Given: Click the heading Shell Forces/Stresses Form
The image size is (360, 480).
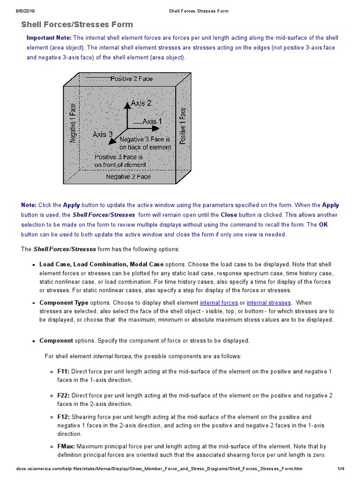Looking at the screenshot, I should click(77, 24).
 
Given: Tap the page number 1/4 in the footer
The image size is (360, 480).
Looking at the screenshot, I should click(341, 468).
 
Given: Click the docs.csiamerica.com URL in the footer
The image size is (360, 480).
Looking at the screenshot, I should click(159, 468).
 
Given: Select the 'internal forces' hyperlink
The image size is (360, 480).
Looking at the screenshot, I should click(219, 303).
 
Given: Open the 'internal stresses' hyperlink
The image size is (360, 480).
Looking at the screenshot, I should click(269, 303).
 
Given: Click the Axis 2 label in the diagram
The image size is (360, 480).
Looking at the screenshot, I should click(141, 103).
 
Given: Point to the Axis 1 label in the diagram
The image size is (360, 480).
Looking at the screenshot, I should click(152, 121).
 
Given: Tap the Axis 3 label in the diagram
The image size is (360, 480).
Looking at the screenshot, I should click(103, 134).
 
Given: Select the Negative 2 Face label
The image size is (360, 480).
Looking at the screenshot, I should click(128, 177).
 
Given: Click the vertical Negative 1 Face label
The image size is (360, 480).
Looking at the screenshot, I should click(73, 123).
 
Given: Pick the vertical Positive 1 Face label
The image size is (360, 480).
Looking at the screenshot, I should click(183, 125).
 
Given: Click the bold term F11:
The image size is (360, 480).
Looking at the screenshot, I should click(64, 371).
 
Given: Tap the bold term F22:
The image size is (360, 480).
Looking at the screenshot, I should click(64, 396).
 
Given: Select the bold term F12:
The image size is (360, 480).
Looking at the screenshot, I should click(64, 417).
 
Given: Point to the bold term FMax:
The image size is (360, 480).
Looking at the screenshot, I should click(66, 446).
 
